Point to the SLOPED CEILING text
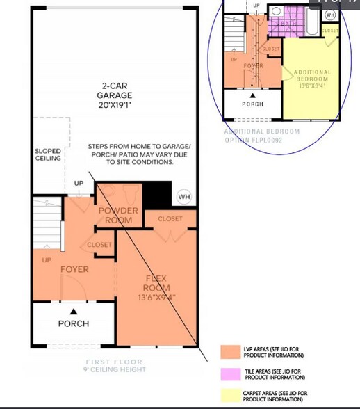click(48, 154)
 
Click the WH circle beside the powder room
click(183, 197)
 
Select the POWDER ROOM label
click(118, 215)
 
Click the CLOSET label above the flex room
click(170, 219)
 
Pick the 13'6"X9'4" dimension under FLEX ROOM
click(156, 297)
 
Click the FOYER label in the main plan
click(74, 269)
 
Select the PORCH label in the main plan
click(73, 323)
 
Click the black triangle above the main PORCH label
click(74, 311)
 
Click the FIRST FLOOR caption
click(114, 362)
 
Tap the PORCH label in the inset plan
click(252, 104)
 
